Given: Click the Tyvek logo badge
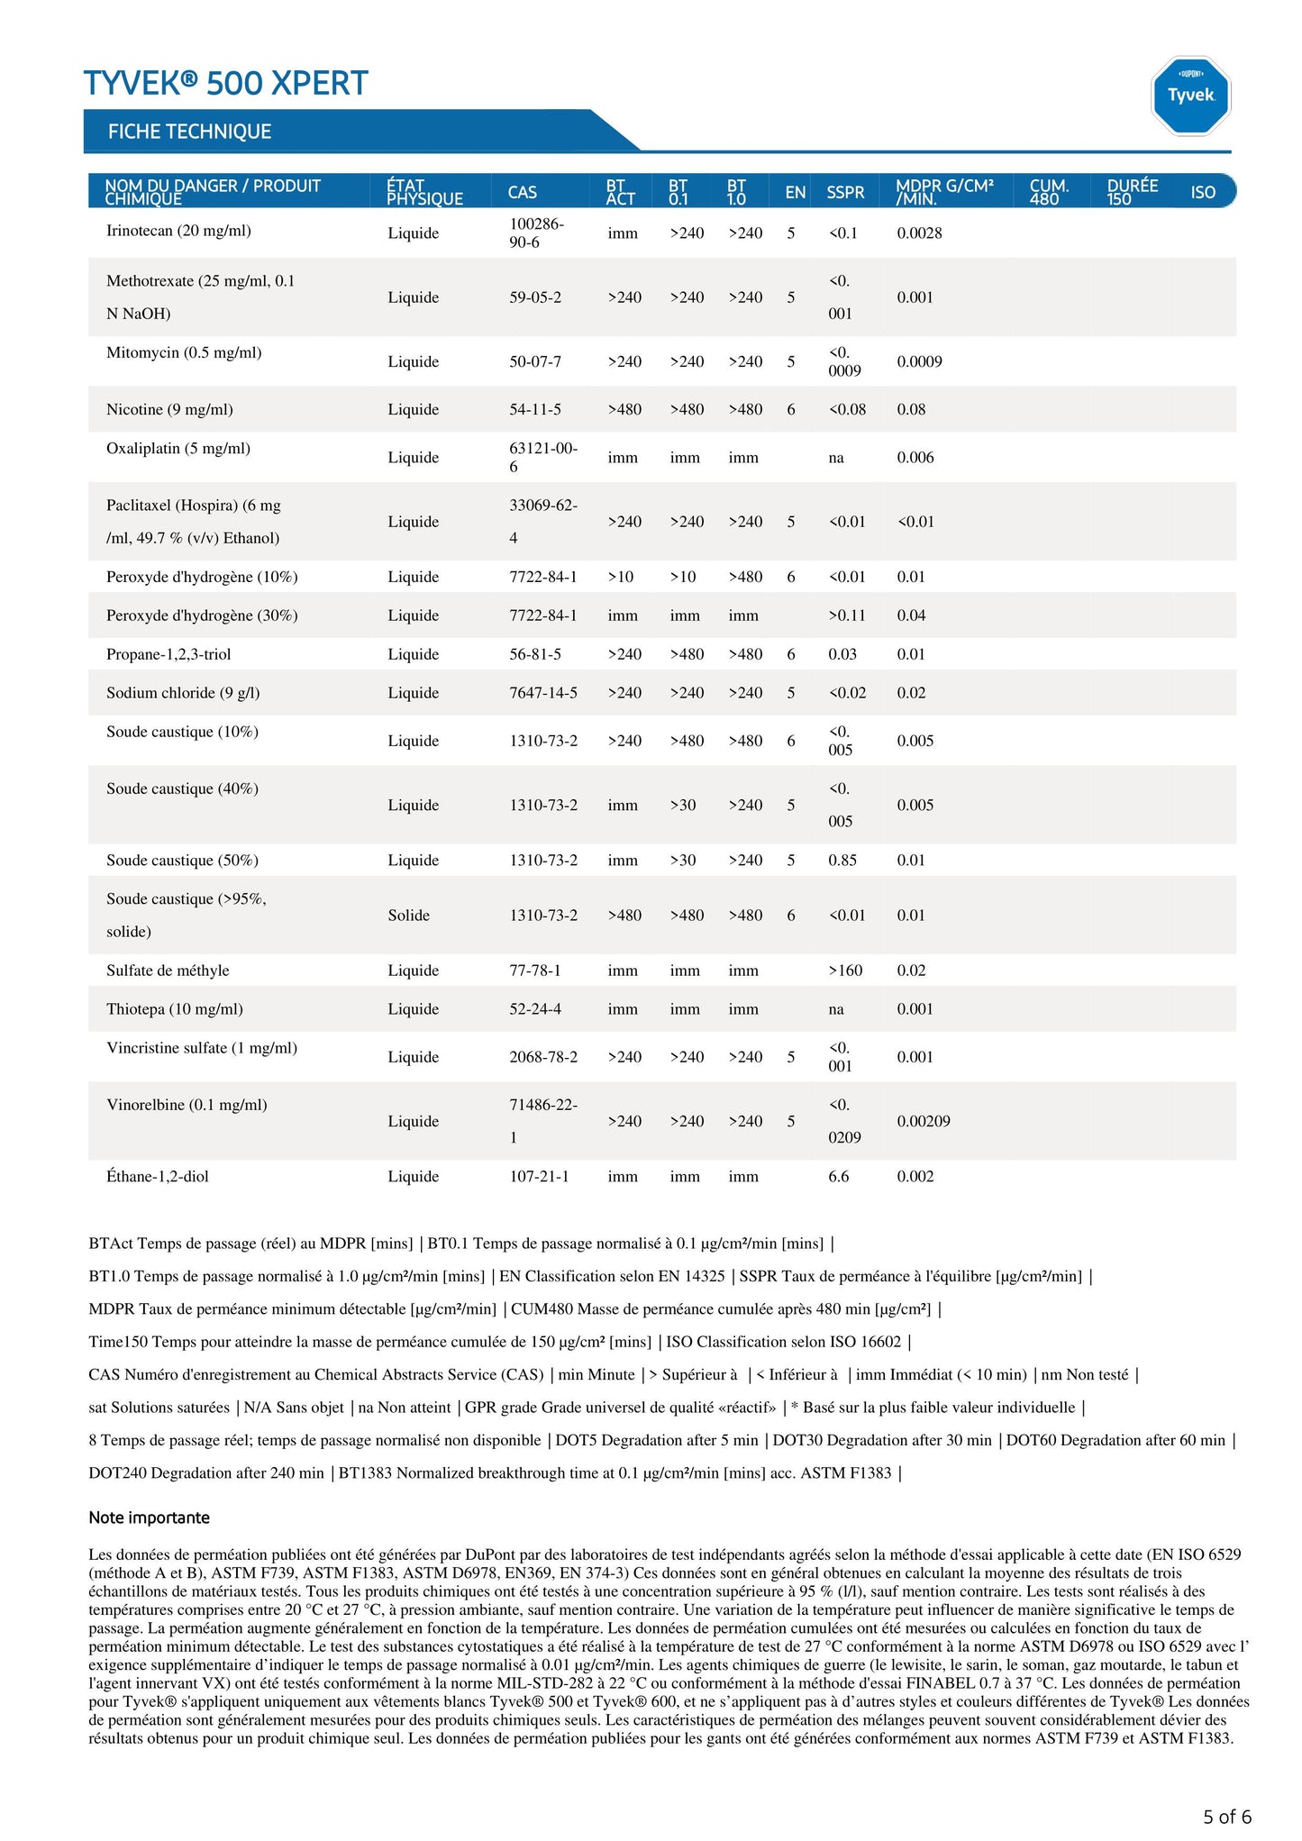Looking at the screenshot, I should click(1190, 96).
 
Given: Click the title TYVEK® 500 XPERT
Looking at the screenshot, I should click(226, 83).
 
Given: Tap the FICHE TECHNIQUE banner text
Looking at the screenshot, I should click(189, 132).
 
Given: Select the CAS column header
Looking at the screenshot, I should click(522, 192).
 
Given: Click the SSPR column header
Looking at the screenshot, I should click(844, 192).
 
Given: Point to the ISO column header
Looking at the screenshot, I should click(1202, 192).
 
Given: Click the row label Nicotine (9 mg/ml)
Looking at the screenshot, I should click(169, 409).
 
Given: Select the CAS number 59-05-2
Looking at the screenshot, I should click(535, 297).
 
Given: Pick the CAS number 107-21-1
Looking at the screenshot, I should click(539, 1176).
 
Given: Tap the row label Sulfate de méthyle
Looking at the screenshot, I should click(168, 971).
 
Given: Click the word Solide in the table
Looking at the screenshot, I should click(408, 915).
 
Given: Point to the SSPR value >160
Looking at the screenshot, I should click(845, 971).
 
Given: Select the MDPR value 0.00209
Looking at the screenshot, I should click(923, 1121).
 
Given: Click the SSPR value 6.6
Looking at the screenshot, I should click(838, 1176).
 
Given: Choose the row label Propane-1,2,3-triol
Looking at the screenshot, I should click(168, 654).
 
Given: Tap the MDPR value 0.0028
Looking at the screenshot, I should click(919, 232).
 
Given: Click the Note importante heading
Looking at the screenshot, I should click(149, 1517).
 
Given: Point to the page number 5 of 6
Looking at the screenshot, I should click(1226, 1817).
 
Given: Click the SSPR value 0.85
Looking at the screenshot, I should click(842, 860).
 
